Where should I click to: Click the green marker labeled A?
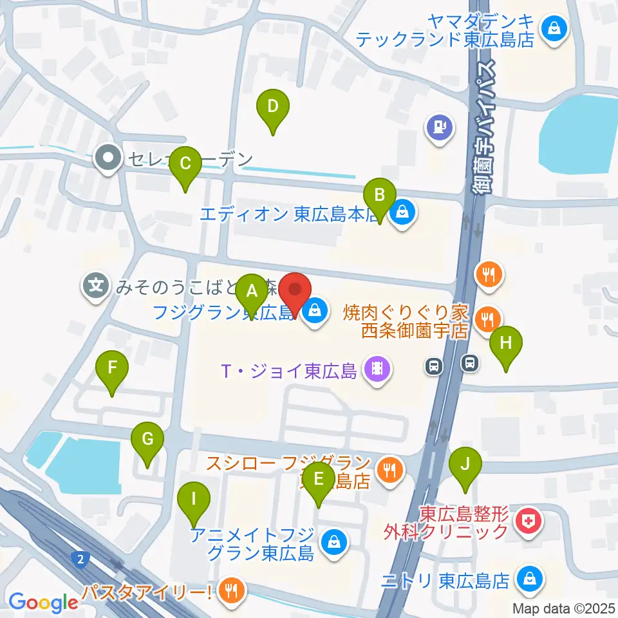tap(252, 290)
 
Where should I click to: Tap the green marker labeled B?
tap(380, 194)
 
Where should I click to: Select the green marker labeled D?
tap(272, 106)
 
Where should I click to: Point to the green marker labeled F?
tap(112, 369)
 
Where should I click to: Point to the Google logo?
tap(43, 602)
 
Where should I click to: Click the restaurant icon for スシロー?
tap(388, 471)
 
